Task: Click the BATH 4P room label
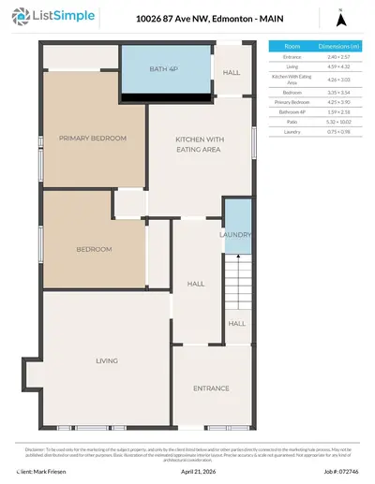tap(164, 70)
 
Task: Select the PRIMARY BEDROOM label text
tap(92, 138)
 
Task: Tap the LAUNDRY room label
tap(236, 234)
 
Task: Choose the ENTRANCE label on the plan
tap(211, 388)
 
